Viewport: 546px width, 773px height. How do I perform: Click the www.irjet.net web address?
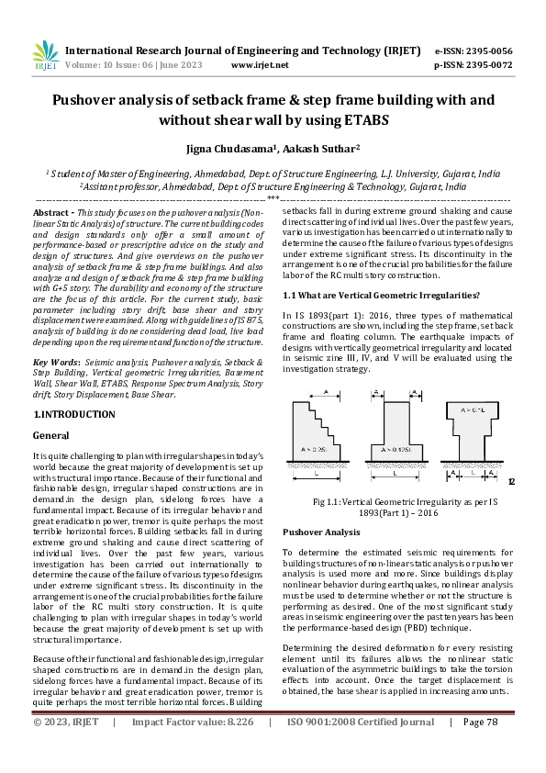[260, 65]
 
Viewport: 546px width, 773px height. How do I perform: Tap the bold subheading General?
[50, 434]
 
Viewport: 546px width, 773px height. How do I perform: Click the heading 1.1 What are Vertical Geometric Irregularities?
[381, 295]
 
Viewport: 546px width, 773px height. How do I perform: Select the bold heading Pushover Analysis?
[321, 532]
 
